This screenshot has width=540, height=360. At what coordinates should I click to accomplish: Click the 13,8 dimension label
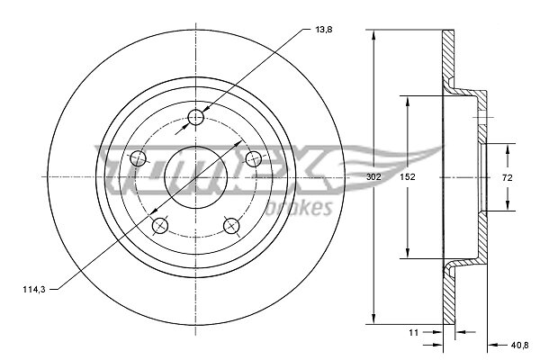(324, 30)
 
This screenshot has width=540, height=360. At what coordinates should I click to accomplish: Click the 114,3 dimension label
(34, 290)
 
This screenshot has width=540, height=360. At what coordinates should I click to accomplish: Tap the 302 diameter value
(373, 177)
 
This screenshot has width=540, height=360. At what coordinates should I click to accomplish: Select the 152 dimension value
(408, 177)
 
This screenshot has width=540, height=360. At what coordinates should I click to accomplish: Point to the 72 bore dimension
(508, 178)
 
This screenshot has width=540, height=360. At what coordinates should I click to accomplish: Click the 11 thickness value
(414, 332)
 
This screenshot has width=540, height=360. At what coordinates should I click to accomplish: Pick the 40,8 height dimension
(519, 345)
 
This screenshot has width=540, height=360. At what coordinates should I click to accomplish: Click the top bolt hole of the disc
(196, 118)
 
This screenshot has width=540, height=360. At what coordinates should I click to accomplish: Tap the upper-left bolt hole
(138, 158)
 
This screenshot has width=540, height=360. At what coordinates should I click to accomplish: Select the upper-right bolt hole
(254, 158)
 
